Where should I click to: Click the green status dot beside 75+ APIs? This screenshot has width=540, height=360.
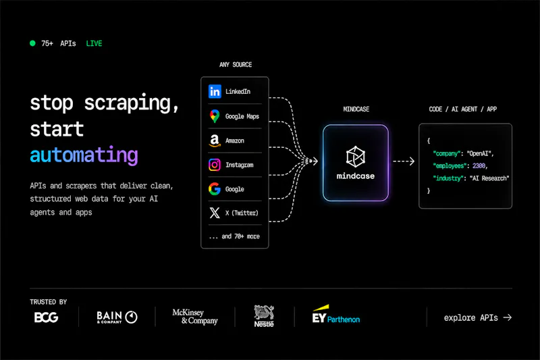click(32, 43)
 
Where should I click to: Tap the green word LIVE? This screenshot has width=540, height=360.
click(94, 43)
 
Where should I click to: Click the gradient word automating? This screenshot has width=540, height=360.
click(84, 155)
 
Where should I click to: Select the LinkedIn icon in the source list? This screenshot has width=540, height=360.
click(215, 92)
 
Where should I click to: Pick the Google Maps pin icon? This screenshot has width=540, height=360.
click(215, 116)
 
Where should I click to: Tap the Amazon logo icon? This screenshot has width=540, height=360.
click(215, 140)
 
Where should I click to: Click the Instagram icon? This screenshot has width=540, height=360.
click(215, 165)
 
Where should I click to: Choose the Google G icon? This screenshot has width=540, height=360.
click(215, 189)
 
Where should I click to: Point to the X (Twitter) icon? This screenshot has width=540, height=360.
click(215, 213)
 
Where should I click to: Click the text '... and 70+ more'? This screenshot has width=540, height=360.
click(234, 236)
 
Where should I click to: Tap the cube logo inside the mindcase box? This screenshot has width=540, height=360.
click(356, 157)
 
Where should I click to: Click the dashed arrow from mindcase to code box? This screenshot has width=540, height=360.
click(404, 161)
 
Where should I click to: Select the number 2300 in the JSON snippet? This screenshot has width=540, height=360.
click(479, 166)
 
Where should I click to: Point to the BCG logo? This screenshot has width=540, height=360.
click(46, 317)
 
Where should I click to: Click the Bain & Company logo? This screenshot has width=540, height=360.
click(117, 317)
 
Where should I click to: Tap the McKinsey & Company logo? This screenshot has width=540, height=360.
click(195, 317)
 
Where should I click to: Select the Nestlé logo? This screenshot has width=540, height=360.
click(264, 316)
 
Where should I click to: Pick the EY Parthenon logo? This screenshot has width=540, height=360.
click(335, 314)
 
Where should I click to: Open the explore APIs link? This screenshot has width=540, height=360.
click(478, 317)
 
